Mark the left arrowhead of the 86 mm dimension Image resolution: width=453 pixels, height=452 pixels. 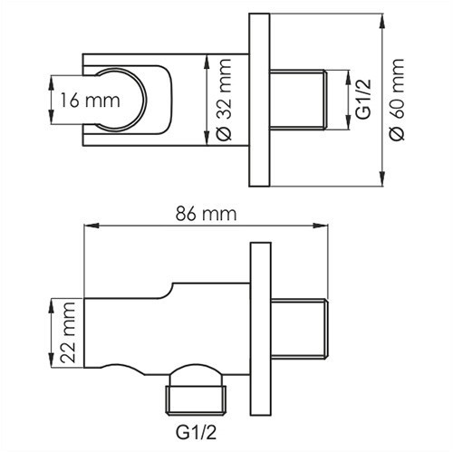(x=88, y=226)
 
